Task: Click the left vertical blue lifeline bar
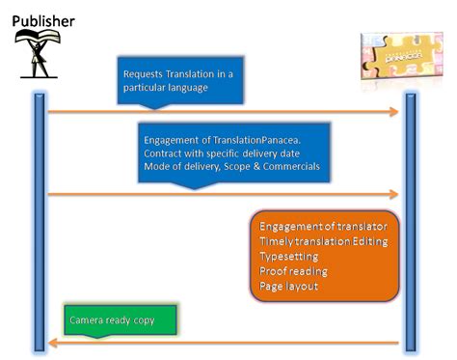pos(39,222)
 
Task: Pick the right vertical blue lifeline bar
pos(409,222)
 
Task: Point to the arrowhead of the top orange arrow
pos(393,113)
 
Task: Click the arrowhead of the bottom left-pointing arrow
pos(54,343)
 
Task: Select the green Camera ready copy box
pos(123,318)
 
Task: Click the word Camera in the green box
pos(89,318)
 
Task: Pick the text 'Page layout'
pos(288,288)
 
